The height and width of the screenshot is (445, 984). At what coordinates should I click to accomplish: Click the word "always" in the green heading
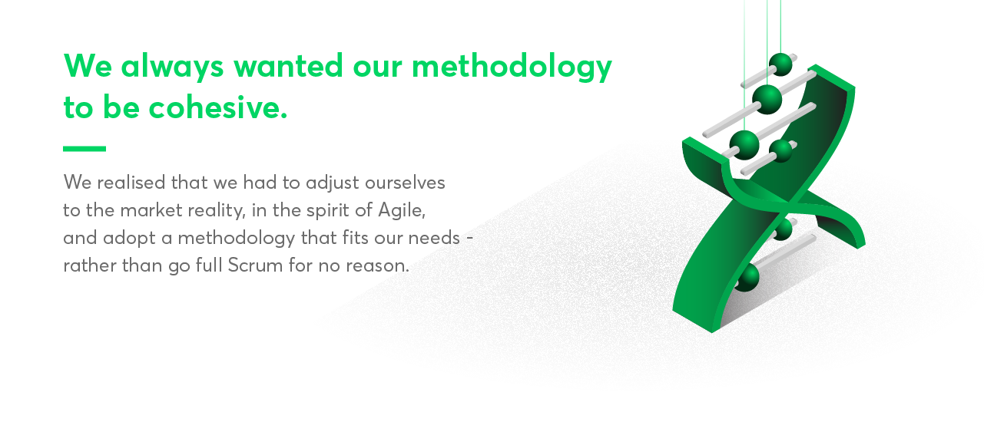pyautogui.click(x=172, y=66)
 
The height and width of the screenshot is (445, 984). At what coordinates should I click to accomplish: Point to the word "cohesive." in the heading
pyautogui.click(x=218, y=107)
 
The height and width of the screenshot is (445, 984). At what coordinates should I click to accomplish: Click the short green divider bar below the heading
pyautogui.click(x=84, y=149)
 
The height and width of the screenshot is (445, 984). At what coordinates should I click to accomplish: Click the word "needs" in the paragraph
pyautogui.click(x=434, y=238)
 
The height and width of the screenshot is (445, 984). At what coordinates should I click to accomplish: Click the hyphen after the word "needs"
pyautogui.click(x=469, y=239)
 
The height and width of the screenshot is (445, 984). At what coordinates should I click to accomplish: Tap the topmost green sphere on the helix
pyautogui.click(x=780, y=64)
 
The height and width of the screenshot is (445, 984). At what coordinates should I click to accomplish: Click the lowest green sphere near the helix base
pyautogui.click(x=747, y=278)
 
